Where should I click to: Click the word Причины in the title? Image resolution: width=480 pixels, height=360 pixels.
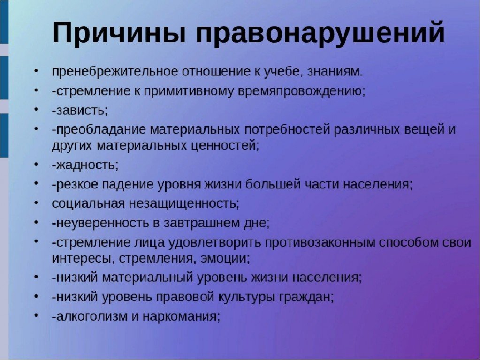pos(119,33)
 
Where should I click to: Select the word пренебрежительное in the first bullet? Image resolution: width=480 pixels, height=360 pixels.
pos(115,72)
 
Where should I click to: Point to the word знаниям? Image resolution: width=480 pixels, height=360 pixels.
pos(335,72)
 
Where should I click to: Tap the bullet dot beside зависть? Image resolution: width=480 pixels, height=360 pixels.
pos(36,109)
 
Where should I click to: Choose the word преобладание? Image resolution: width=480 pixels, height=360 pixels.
pos(101,130)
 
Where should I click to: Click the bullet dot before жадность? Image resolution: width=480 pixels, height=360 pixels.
pos(36,164)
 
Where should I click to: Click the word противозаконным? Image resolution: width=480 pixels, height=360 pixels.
pos(320,243)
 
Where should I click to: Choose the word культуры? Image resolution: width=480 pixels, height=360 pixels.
pos(246,297)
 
